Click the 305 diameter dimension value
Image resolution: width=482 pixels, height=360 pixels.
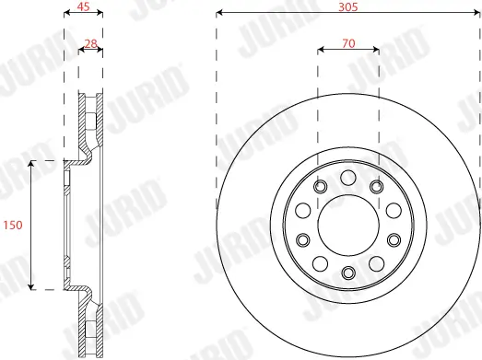point(347,6)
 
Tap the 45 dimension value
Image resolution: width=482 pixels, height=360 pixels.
point(83,6)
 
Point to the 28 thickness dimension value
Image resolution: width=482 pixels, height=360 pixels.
point(90,43)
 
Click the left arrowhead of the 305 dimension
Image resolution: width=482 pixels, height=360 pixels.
point(219,14)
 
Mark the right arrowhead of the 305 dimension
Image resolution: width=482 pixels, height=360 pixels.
point(476,14)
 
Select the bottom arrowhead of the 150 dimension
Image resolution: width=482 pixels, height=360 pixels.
point(32,285)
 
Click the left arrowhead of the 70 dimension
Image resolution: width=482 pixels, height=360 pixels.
point(320,50)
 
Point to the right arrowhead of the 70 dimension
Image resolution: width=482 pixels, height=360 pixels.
point(376,50)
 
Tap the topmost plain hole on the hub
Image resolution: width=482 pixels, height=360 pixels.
point(347,179)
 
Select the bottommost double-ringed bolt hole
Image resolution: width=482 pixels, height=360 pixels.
point(347,273)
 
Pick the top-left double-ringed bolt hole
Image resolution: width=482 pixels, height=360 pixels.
point(320,188)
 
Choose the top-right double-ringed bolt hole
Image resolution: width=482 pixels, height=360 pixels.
point(376,188)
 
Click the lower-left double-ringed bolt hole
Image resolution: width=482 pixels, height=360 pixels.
point(301,240)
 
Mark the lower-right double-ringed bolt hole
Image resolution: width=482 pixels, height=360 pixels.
point(394,240)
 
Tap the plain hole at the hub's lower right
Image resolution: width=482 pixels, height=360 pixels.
point(376,262)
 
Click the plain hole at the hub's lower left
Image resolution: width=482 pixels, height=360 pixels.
point(320,262)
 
